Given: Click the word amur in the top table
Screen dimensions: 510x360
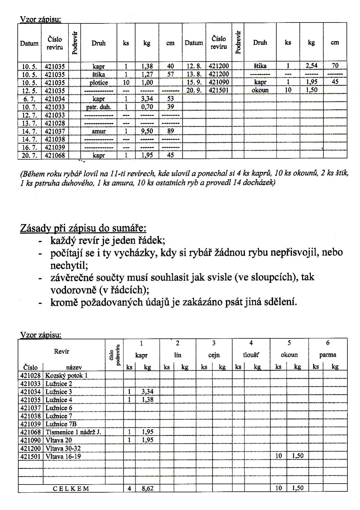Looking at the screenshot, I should pyautogui.click(x=99, y=131).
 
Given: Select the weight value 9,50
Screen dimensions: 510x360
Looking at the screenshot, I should pyautogui.click(x=147, y=131).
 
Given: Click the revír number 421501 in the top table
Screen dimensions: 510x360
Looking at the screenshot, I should pyautogui.click(x=219, y=90).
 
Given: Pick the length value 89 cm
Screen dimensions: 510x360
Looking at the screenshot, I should pyautogui.click(x=170, y=131).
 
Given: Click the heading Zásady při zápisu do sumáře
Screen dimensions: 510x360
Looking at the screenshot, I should pyautogui.click(x=83, y=228).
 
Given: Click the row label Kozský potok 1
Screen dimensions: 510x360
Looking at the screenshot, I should pyautogui.click(x=66, y=376).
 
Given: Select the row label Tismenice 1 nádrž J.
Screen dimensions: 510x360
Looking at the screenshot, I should pyautogui.click(x=73, y=432).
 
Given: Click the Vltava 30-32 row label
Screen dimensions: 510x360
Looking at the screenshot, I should pyautogui.click(x=63, y=448).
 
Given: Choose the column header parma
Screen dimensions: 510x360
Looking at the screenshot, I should pyautogui.click(x=328, y=355).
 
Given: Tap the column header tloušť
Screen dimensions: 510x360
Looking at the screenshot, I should pyautogui.click(x=251, y=355).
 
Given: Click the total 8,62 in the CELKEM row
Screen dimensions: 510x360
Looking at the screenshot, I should pyautogui.click(x=147, y=488).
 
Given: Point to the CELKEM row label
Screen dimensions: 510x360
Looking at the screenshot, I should pyautogui.click(x=71, y=488).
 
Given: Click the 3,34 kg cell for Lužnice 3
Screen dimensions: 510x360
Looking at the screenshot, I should pyautogui.click(x=147, y=392).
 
